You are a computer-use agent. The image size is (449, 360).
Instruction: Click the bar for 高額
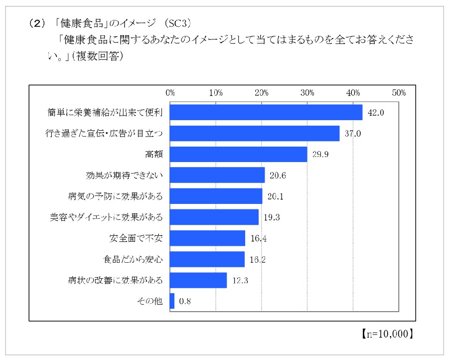click(238, 155)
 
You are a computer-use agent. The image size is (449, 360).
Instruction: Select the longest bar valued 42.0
click(266, 113)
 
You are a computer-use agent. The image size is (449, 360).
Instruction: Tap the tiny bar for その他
click(172, 301)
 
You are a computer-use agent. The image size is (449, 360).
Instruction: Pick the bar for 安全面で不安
click(207, 238)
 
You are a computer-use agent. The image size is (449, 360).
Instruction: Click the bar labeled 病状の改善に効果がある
click(198, 280)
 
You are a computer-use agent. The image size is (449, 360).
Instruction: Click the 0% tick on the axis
click(170, 92)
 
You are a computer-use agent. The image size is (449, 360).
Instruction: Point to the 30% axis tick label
click(307, 92)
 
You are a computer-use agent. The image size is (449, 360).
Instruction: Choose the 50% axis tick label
click(399, 92)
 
